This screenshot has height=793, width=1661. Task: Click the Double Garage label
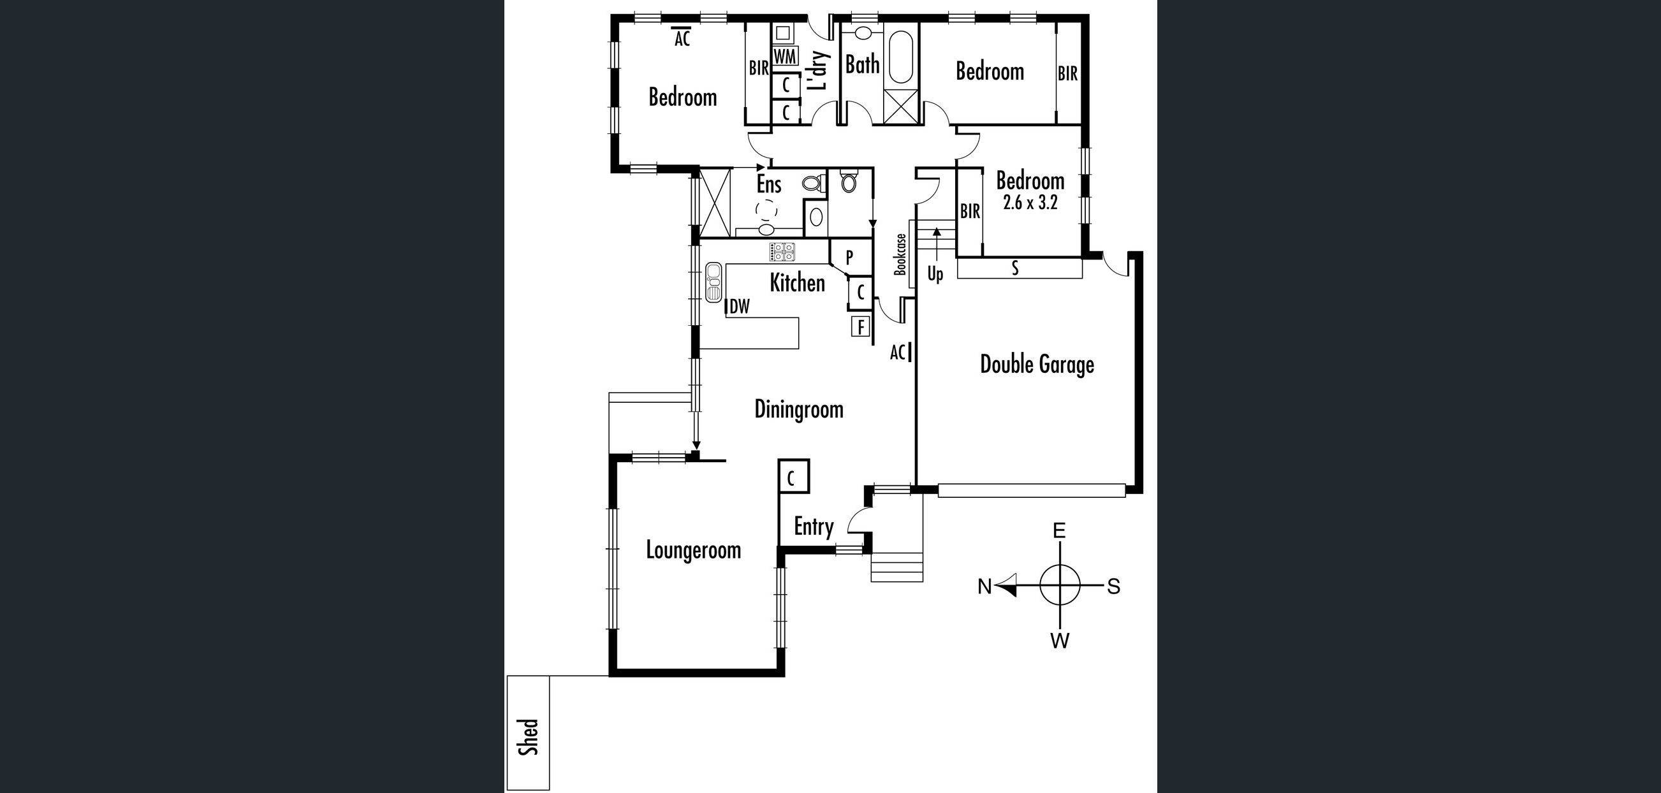(1037, 365)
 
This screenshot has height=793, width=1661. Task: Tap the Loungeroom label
(693, 551)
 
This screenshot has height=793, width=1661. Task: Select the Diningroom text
(798, 409)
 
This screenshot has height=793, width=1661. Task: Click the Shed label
(528, 737)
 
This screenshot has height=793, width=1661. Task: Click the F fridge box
(860, 328)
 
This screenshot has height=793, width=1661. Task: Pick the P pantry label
(849, 258)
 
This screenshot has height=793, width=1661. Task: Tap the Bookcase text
(900, 254)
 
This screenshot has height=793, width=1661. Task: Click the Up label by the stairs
(935, 274)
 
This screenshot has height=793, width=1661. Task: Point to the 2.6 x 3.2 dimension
(1030, 203)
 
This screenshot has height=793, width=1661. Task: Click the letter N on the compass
(984, 586)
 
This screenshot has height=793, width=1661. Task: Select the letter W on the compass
(1060, 641)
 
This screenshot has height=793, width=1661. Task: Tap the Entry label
(813, 527)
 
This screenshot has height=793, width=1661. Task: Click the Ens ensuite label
(768, 184)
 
